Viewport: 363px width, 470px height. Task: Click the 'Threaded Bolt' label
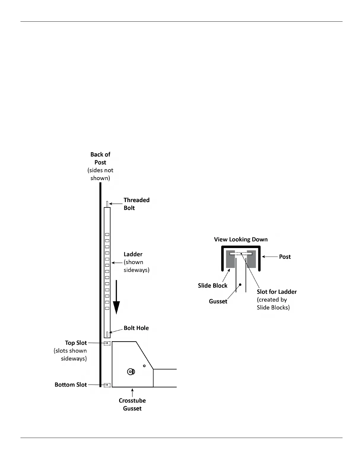[x=136, y=204]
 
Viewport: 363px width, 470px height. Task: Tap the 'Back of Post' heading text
[x=100, y=158]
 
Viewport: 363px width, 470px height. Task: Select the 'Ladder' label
[x=133, y=254]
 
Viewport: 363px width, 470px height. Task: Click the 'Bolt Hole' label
[x=136, y=328]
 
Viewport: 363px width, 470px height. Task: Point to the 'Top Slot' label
[x=76, y=343]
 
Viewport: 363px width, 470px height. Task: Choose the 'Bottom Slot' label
[x=71, y=385]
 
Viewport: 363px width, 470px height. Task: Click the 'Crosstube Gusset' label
[x=132, y=404]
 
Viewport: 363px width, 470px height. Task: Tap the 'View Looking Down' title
[x=241, y=239]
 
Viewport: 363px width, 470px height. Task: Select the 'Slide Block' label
[x=213, y=285]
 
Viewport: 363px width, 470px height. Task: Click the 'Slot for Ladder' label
[x=277, y=292]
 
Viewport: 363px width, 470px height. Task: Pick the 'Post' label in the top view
[x=285, y=257]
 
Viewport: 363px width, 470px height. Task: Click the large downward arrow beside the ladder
[x=117, y=297]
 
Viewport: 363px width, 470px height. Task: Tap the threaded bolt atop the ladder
[x=107, y=204]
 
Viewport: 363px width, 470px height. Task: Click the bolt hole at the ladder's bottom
[x=107, y=334]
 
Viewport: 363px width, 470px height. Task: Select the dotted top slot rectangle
[x=107, y=343]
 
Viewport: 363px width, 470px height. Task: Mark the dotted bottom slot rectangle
[x=107, y=385]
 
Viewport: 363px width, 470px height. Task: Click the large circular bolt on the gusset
[x=131, y=371]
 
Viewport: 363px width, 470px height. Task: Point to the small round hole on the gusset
[x=144, y=366]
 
